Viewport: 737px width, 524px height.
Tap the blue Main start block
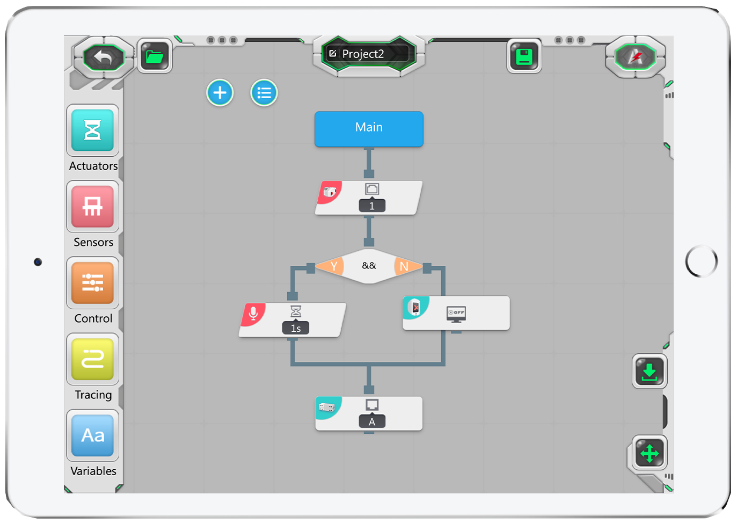369,128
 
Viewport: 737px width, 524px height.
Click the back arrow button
103,57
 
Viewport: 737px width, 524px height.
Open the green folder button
155,56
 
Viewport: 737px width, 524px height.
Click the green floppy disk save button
524,56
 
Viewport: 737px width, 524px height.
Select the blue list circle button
264,93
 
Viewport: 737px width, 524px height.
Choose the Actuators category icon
92,130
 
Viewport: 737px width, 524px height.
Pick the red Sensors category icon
92,207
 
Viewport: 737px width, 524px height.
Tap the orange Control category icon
92,283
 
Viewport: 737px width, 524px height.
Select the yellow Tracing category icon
92,359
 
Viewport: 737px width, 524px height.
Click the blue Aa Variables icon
92,435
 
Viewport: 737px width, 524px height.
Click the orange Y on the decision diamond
333,266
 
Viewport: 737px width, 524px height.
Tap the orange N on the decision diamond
404,266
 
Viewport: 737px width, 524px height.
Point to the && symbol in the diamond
369,265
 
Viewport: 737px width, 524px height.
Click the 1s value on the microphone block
296,328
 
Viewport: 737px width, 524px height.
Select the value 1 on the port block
372,206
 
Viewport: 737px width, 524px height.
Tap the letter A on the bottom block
372,422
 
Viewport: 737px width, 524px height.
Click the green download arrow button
650,371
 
